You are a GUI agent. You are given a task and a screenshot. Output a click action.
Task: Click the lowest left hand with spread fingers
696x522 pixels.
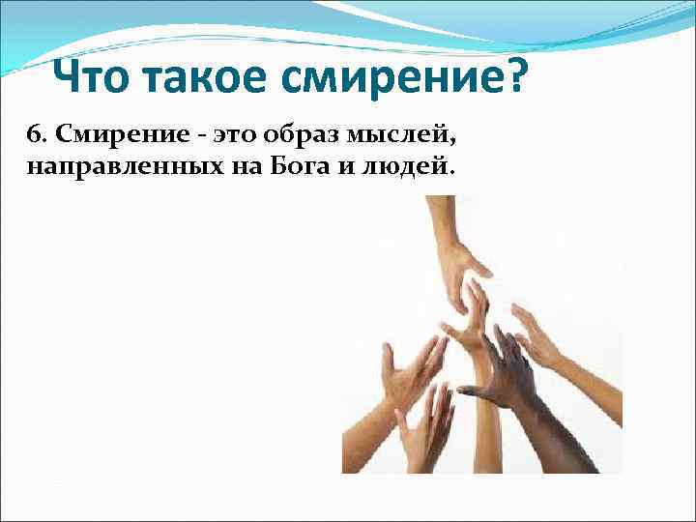point(425,425)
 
